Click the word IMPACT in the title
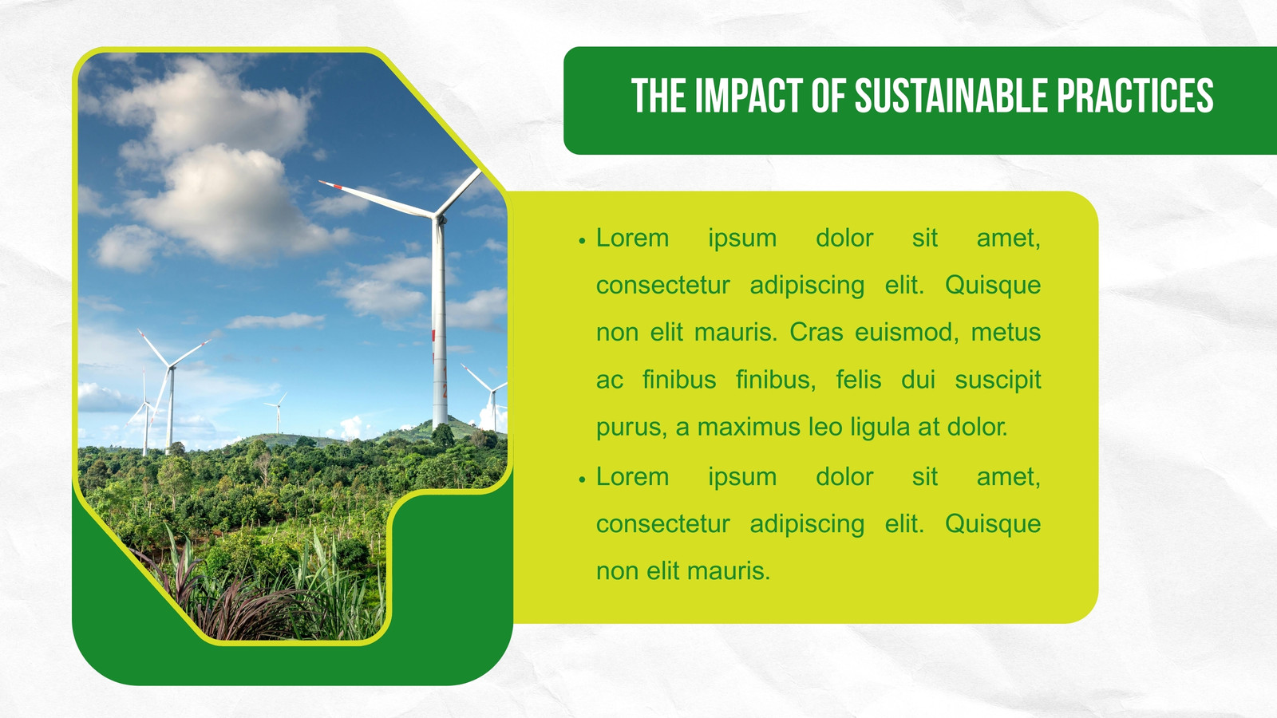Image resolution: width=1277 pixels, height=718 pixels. [x=749, y=96]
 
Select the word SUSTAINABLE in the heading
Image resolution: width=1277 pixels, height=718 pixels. [x=951, y=96]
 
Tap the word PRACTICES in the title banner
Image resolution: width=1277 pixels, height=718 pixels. [x=1135, y=96]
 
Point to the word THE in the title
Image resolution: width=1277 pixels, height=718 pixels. [x=658, y=96]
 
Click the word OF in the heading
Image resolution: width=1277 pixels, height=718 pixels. [x=829, y=96]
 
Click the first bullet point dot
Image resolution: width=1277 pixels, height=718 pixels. [x=582, y=241]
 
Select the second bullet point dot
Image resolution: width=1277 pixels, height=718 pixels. [x=582, y=479]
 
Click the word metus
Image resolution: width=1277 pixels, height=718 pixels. [x=1006, y=333]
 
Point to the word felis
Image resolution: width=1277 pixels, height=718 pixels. [x=859, y=380]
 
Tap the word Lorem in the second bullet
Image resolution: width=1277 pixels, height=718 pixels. [x=632, y=476]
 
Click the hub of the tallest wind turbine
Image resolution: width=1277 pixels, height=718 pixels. [x=439, y=218]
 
